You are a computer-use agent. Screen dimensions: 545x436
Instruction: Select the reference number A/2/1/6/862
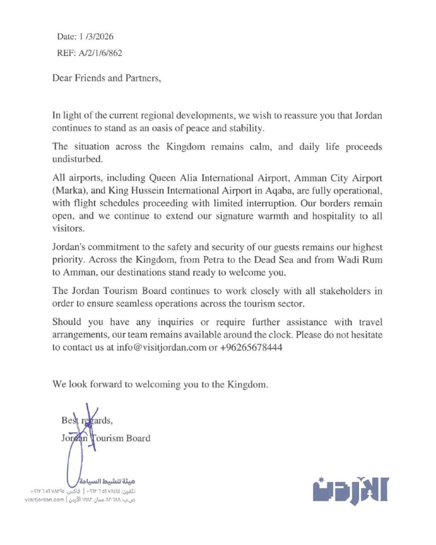click(x=100, y=53)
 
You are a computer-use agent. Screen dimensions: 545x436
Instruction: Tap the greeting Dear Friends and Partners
click(x=106, y=78)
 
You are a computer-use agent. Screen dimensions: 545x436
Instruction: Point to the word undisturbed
click(x=77, y=159)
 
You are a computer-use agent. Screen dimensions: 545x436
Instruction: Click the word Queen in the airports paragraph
click(x=163, y=178)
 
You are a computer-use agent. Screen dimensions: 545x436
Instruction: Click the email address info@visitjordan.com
click(x=161, y=347)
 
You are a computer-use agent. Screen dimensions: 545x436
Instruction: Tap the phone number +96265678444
click(x=251, y=347)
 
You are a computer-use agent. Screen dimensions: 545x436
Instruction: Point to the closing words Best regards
click(x=87, y=421)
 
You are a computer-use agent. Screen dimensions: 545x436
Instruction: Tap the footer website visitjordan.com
click(x=44, y=500)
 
